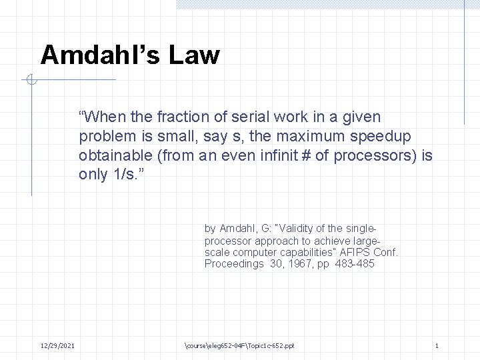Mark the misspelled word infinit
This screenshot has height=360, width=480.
279,156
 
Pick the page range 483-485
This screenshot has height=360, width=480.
354,264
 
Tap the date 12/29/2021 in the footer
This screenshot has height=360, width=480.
57,345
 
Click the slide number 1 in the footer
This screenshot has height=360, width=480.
436,345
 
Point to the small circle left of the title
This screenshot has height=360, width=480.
31,81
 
